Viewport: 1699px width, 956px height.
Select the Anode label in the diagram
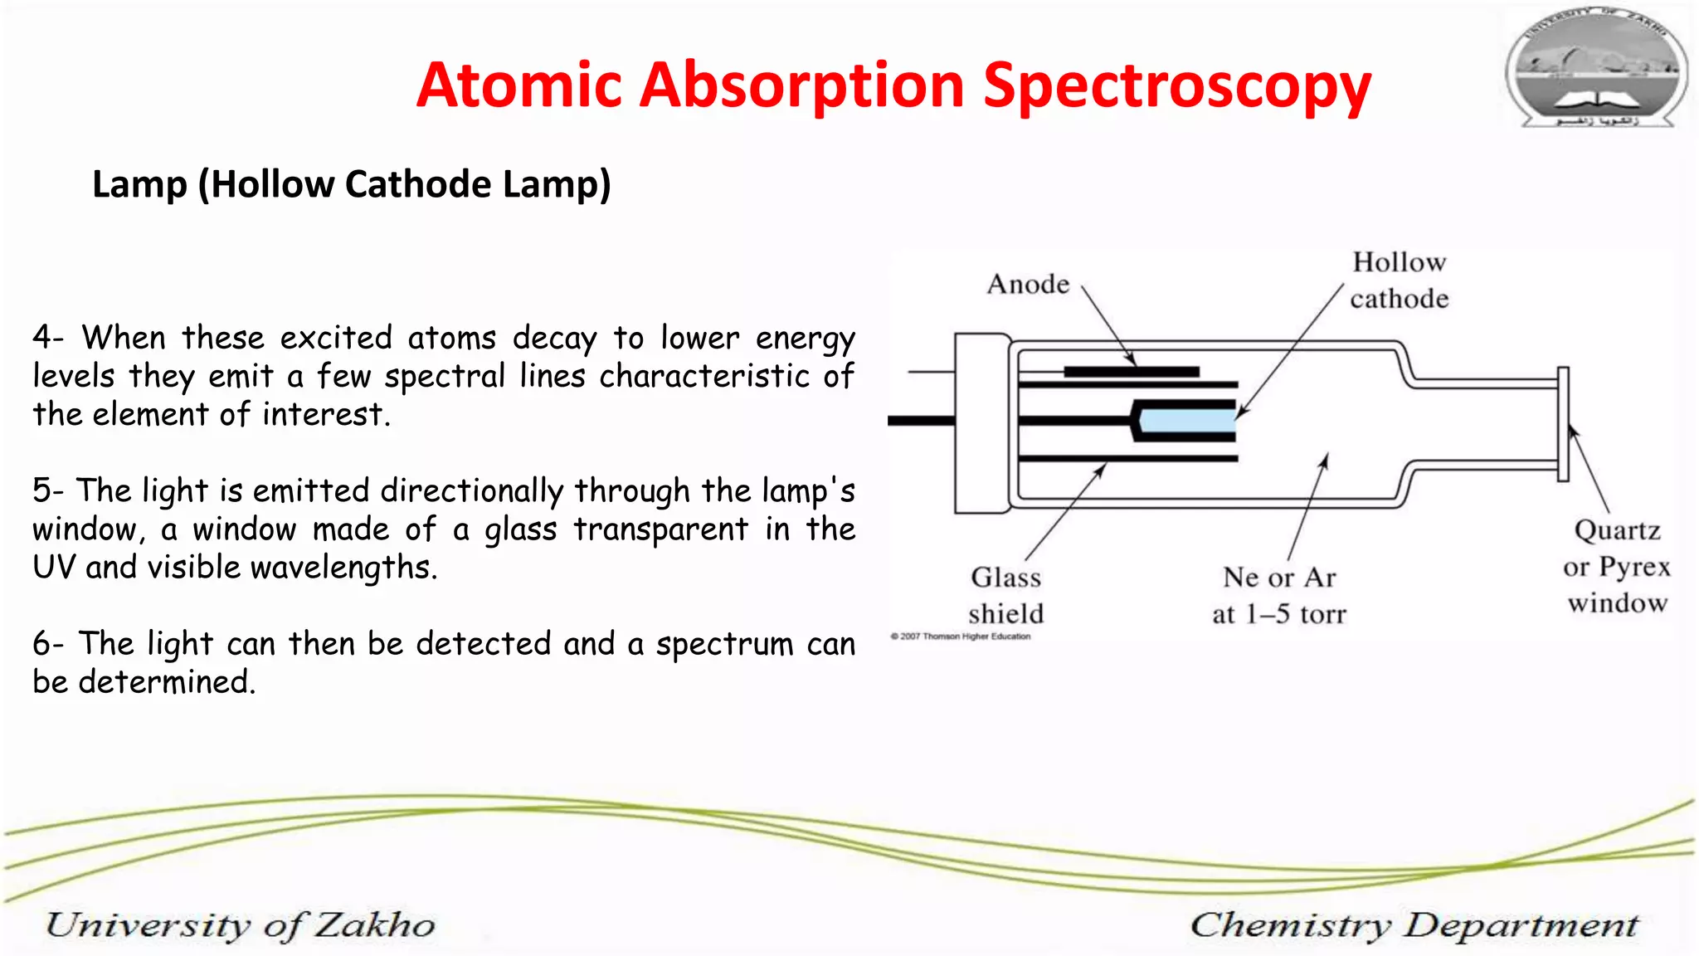1028,285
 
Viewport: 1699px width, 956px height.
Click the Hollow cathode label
1399,280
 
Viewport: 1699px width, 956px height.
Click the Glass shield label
1005,595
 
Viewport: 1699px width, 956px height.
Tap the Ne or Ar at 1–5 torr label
1278,595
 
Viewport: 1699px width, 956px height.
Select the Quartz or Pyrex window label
1617,566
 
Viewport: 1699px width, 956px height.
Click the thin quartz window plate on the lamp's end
1563,424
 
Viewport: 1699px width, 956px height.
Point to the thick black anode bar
1132,372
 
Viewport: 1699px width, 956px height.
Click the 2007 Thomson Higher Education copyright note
961,637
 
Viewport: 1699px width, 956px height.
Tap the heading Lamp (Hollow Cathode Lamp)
351,184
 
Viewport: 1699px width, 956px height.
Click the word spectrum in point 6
724,645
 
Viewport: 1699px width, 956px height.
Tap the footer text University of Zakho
240,924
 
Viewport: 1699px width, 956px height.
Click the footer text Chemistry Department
1414,924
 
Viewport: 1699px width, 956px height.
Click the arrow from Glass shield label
1065,512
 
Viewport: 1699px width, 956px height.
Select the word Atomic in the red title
518,86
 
